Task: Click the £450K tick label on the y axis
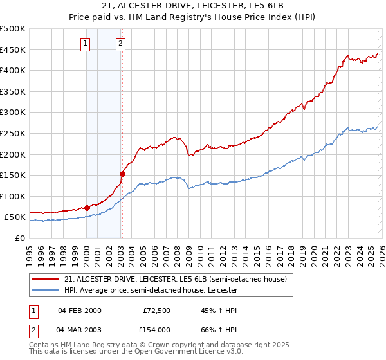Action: (14, 50)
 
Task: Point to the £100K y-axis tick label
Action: (14, 196)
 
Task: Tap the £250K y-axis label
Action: (14, 133)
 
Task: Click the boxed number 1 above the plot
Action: (86, 44)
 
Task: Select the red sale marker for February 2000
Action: (87, 208)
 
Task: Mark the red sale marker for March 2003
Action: (122, 174)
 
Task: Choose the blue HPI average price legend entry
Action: (151, 290)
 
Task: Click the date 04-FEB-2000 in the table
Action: (79, 310)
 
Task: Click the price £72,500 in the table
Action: (156, 310)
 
